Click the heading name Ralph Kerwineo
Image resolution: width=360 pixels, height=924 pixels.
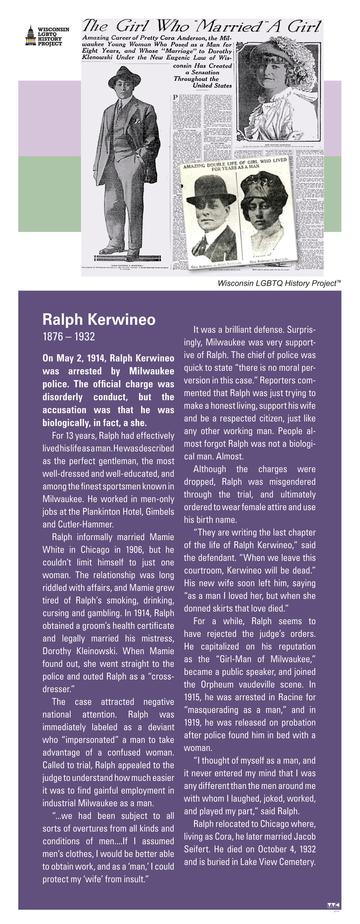(x=99, y=319)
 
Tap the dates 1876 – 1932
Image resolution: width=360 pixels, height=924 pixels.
(x=68, y=336)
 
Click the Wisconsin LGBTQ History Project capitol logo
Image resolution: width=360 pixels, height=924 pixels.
(x=30, y=36)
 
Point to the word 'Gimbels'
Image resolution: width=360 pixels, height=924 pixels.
(x=159, y=512)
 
